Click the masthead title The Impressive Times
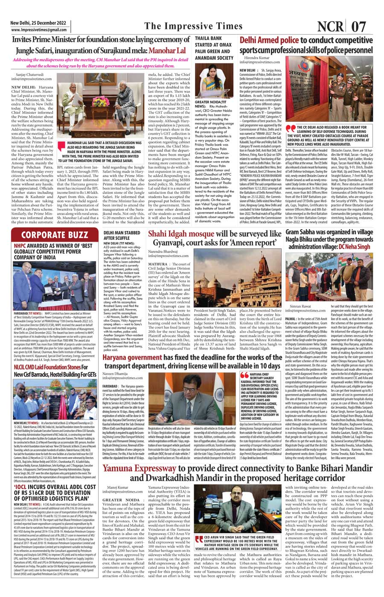193,26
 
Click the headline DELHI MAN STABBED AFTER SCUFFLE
122,235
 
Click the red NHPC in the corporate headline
20,246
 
